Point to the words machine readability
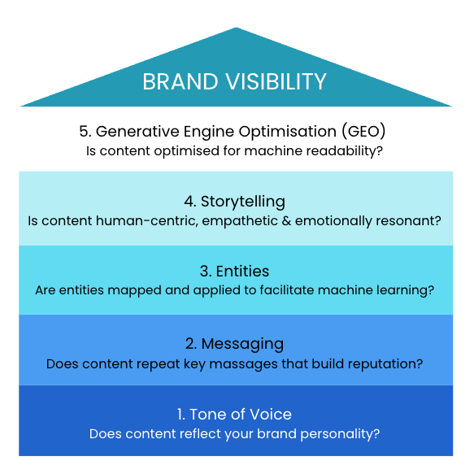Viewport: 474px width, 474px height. click(x=320, y=151)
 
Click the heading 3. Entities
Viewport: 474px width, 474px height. click(x=235, y=271)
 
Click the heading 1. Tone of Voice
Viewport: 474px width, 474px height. click(x=235, y=415)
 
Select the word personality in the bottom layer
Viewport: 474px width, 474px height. click(x=344, y=434)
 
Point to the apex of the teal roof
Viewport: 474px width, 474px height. click(x=236, y=29)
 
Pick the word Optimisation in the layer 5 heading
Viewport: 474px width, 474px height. click(x=279, y=131)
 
